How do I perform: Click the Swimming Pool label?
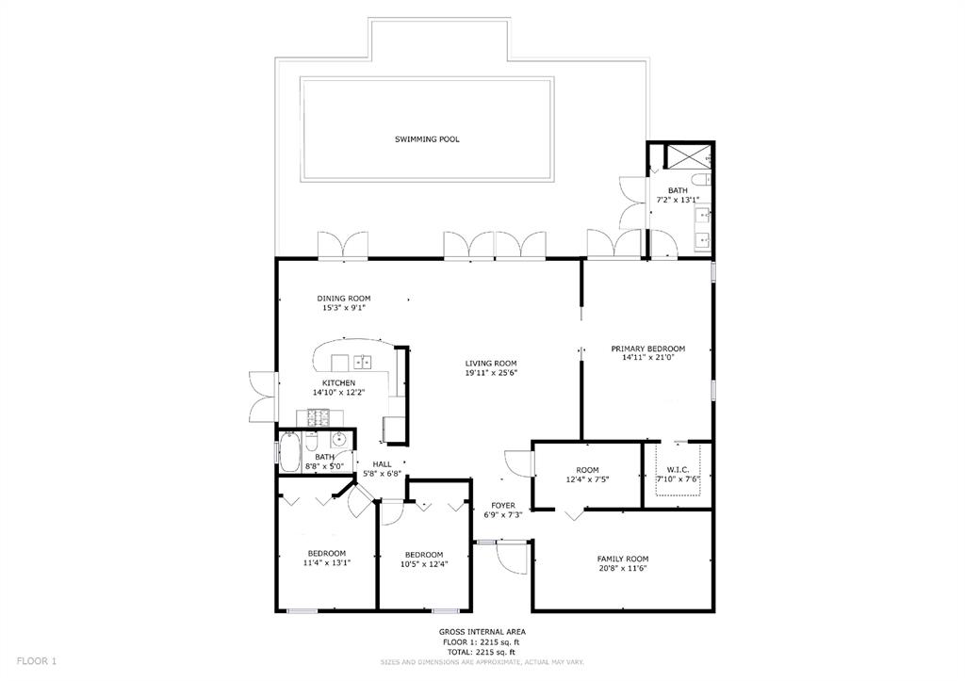427,139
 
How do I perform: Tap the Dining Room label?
343,299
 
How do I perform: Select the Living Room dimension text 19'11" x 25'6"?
490,373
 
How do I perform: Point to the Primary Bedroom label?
648,349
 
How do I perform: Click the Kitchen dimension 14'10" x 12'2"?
338,392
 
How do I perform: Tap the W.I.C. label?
678,470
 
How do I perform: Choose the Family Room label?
623,559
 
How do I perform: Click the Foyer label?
503,506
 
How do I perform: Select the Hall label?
382,464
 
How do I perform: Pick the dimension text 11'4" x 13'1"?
327,562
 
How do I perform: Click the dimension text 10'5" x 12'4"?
423,563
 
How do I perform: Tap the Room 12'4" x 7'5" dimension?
587,479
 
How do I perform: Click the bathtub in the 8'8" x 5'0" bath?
288,453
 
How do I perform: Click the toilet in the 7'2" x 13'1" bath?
701,180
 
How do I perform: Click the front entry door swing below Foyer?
512,559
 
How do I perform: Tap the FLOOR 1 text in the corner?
37,661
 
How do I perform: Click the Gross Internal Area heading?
482,632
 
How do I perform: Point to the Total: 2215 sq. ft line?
482,652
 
